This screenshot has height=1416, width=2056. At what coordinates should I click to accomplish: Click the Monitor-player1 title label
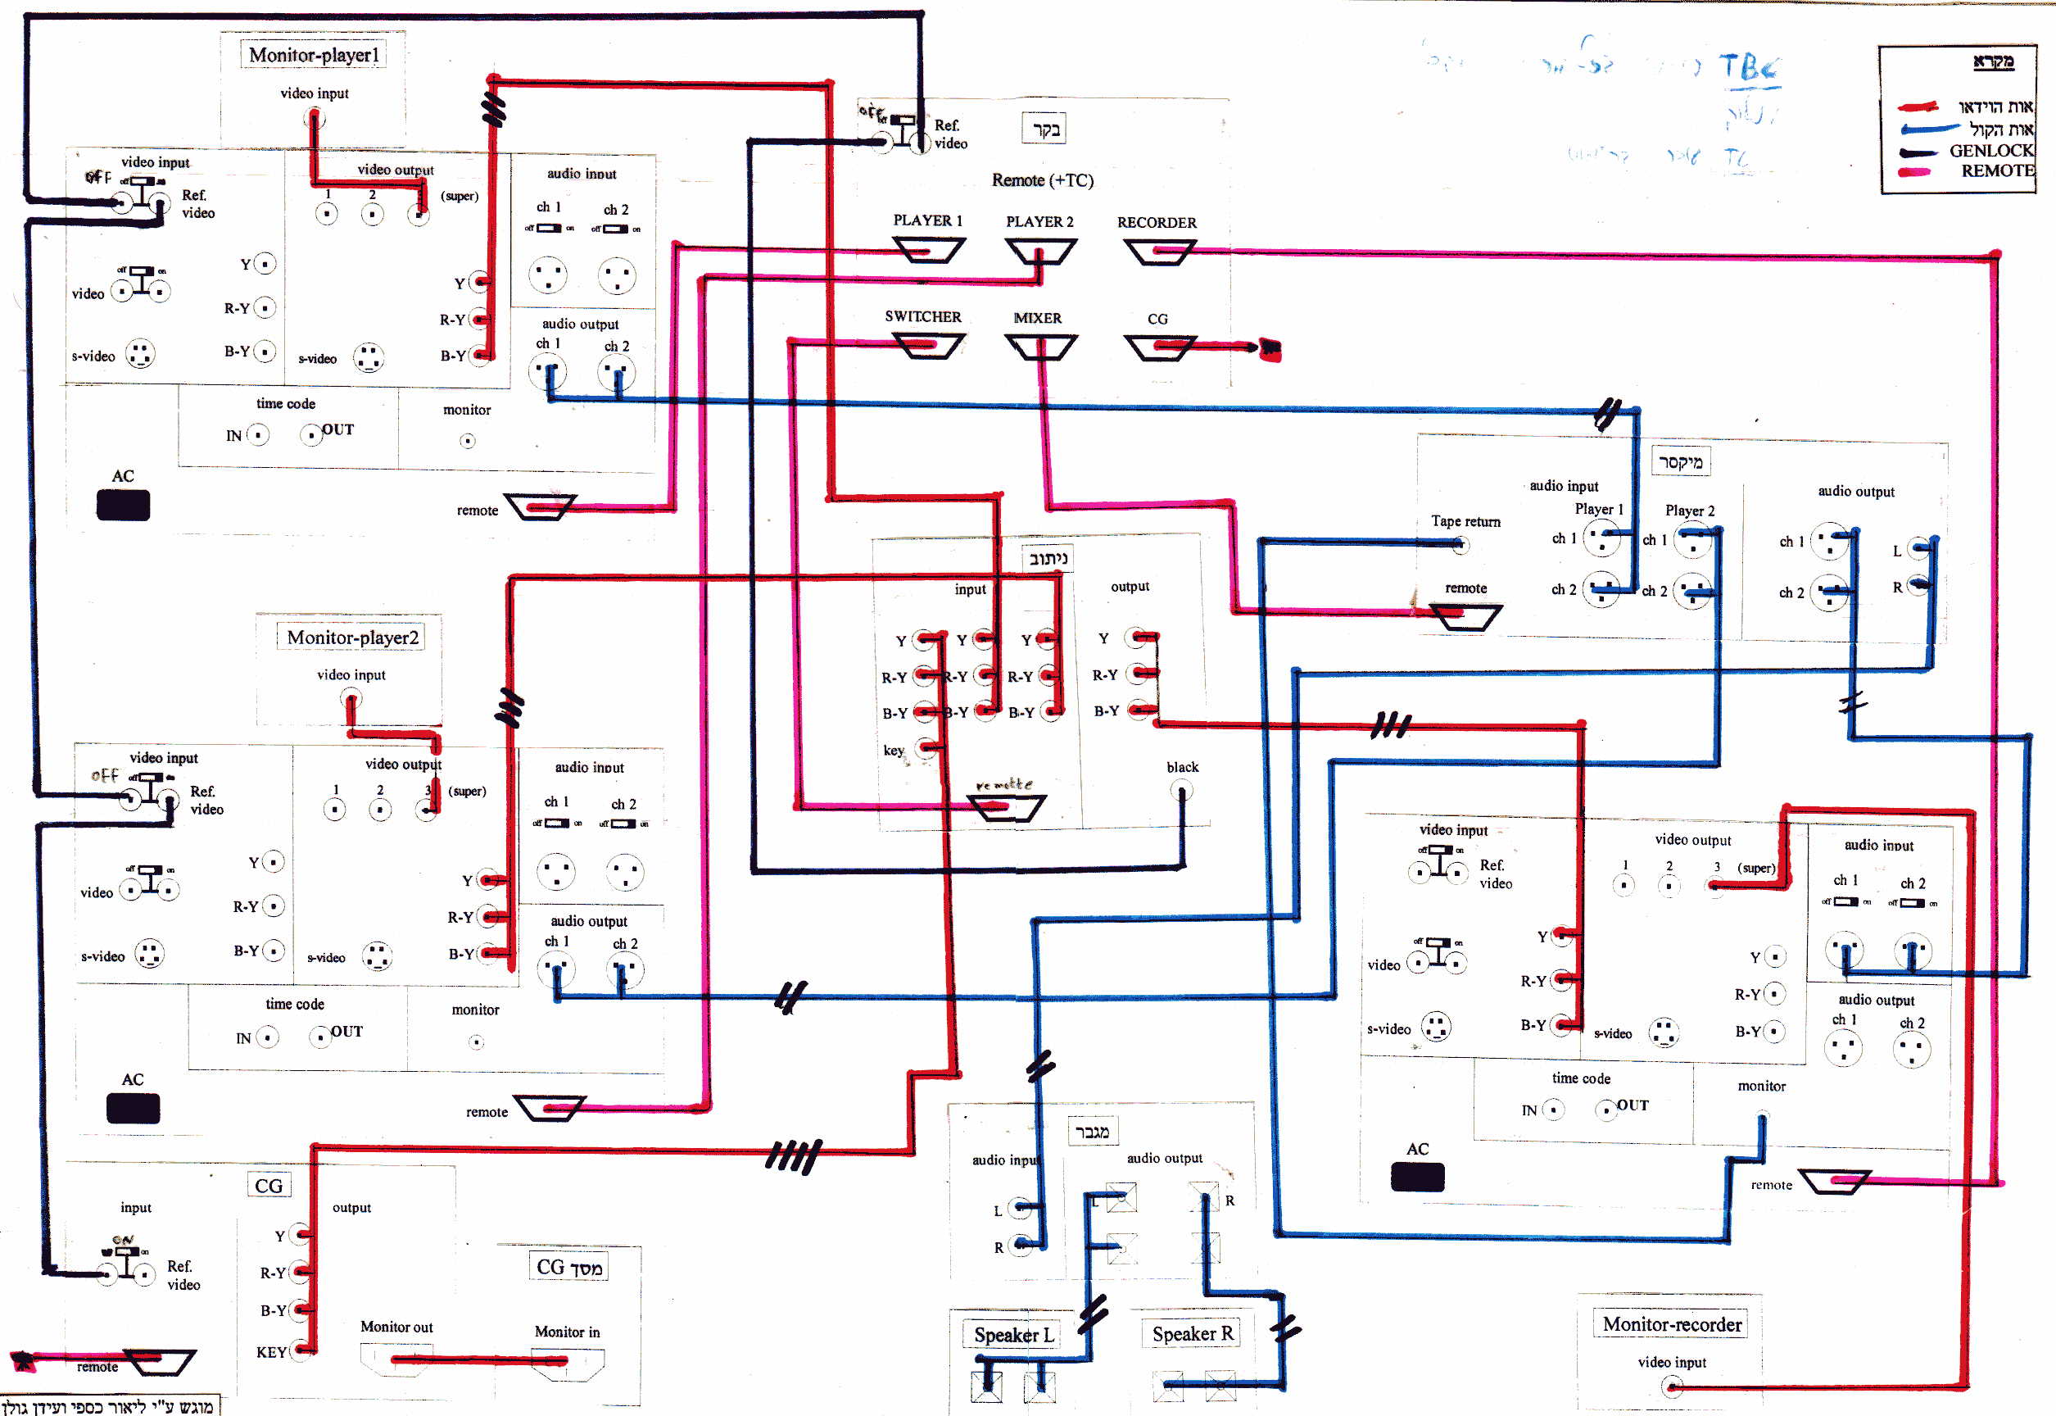[x=313, y=55]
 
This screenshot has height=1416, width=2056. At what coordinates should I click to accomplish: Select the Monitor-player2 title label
[x=352, y=638]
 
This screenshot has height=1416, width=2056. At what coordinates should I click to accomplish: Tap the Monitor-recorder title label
[x=1672, y=1324]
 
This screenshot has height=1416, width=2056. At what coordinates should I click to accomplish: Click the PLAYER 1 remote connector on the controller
[x=927, y=251]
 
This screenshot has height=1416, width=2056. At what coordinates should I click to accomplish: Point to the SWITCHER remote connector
[x=927, y=345]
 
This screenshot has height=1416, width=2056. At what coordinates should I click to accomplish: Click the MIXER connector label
[x=1038, y=318]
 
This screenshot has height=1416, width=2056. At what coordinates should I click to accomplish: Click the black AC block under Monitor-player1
[x=124, y=506]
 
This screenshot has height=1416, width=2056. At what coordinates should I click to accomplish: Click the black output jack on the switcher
[x=1181, y=791]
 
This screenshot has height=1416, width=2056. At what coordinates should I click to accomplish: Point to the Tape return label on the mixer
[x=1465, y=522]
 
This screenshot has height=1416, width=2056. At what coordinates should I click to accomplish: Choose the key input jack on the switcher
[x=927, y=749]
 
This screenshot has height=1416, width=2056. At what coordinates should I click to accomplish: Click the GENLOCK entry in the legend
[x=1990, y=151]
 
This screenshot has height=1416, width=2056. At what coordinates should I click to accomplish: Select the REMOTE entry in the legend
[x=1996, y=171]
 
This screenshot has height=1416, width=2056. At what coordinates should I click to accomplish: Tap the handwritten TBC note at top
[x=1748, y=67]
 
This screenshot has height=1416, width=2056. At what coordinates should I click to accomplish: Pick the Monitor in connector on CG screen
[x=568, y=1361]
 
